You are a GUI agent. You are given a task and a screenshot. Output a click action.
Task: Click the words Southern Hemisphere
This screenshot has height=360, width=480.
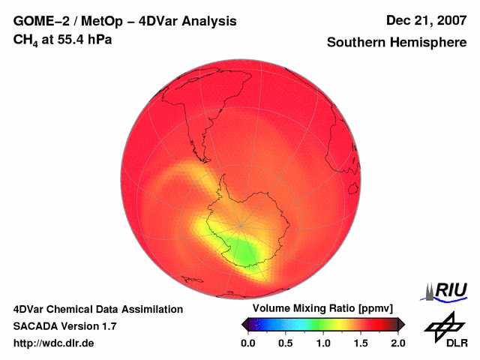coord(397,43)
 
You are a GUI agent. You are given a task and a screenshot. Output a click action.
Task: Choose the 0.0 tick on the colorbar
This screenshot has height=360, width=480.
coord(249,343)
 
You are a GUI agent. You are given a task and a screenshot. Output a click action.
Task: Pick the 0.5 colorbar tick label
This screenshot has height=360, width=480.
coord(286,343)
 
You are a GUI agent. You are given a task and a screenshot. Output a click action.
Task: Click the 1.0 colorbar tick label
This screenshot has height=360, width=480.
coord(323,343)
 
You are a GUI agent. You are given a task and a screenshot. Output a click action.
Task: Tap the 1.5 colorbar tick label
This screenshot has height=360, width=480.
coord(361,343)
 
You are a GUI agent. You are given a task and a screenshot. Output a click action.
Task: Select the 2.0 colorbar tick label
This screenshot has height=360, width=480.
coord(397,343)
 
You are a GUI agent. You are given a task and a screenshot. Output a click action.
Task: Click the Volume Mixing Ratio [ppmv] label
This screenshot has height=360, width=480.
coord(322,309)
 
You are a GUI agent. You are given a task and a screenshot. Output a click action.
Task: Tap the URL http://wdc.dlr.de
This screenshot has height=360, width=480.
coord(54,343)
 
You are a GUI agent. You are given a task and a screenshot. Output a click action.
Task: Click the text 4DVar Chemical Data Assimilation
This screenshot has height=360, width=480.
coord(97,309)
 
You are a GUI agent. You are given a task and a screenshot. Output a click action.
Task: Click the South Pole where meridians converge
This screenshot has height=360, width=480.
coord(240,225)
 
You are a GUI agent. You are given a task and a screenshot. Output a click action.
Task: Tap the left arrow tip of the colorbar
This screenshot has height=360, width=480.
coord(243,324)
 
